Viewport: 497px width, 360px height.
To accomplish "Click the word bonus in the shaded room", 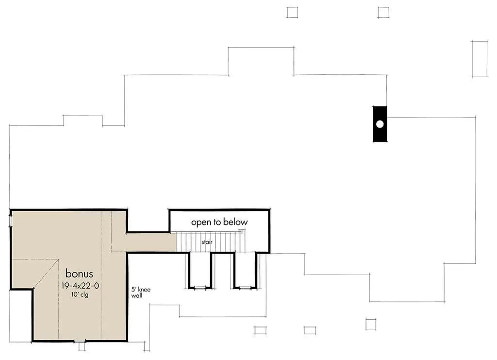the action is point(79,274).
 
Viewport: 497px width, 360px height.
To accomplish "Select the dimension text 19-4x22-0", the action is point(80,286).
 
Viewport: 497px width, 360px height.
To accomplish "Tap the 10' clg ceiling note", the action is point(80,295).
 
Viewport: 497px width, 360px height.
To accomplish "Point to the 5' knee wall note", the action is point(141,292).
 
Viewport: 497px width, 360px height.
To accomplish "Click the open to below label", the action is point(219,223).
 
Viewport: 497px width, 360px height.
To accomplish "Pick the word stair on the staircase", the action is point(207,242).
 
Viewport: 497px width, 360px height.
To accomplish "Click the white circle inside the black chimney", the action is point(380,124).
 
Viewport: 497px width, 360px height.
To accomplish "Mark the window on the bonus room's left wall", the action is point(11,220).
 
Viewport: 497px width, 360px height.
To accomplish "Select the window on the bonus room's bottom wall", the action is point(80,341).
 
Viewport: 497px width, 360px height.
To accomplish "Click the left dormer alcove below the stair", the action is point(200,270).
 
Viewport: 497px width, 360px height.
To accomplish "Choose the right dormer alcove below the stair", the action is point(245,270).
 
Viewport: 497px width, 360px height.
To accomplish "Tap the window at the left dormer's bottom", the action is point(200,287).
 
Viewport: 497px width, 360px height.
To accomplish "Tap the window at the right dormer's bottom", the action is point(245,287).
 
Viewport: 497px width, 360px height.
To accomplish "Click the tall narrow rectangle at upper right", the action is point(479,59).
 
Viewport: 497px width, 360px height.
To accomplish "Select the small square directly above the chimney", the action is point(383,12).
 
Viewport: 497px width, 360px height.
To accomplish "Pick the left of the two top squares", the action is point(292,12).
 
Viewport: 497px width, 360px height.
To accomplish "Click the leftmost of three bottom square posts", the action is point(260,330).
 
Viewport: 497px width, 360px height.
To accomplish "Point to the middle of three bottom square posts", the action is point(310,330).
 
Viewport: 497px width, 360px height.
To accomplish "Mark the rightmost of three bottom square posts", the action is point(371,324).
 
